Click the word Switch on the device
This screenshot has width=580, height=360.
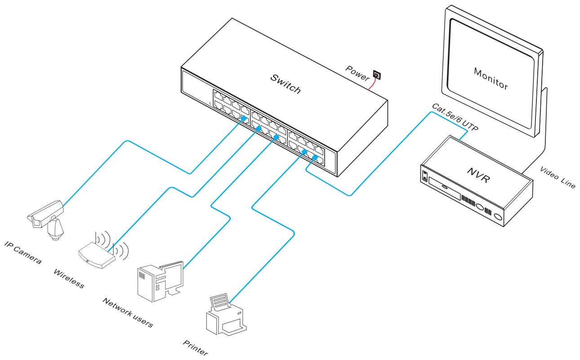pos(285,84)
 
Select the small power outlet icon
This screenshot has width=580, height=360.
pos(377,76)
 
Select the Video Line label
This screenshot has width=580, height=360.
pos(557,178)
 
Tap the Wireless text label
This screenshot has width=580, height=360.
pos(68,279)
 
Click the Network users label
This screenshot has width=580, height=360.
pos(127,312)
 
